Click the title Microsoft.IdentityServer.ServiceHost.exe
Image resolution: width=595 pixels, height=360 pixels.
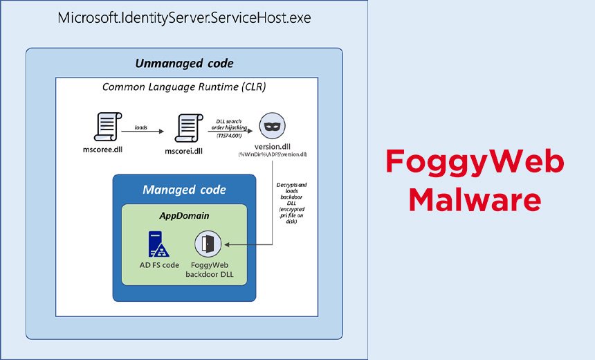184,17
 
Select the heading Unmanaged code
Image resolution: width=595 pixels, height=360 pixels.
184,63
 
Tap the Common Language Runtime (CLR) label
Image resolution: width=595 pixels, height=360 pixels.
184,87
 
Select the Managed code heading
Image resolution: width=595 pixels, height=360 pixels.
184,189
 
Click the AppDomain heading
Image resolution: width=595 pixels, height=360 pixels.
184,215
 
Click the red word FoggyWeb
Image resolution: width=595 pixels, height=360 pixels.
475,163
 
